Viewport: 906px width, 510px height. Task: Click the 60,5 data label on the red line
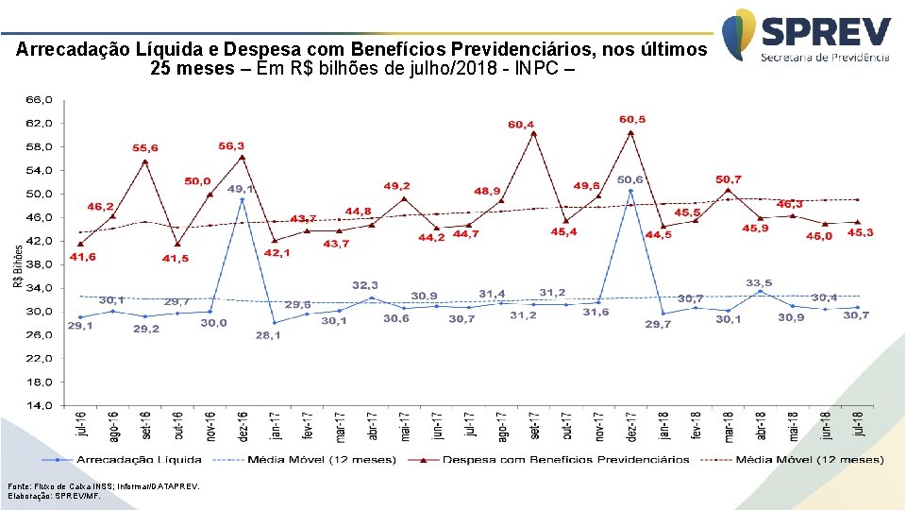point(632,120)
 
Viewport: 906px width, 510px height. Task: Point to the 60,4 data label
point(521,124)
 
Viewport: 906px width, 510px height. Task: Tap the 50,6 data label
point(630,178)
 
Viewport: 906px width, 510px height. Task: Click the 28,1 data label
point(269,335)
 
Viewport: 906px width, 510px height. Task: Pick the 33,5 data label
point(760,282)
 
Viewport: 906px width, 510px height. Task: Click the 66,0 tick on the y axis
point(40,99)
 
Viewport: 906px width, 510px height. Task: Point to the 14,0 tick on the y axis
point(40,406)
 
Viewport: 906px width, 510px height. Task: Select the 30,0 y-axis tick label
point(40,312)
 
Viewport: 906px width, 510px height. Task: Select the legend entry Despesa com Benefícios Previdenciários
point(566,460)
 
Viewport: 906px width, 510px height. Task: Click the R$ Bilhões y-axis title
point(18,266)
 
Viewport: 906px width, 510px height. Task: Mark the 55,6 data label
point(145,148)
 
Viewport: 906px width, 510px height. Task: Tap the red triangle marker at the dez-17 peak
point(630,133)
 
